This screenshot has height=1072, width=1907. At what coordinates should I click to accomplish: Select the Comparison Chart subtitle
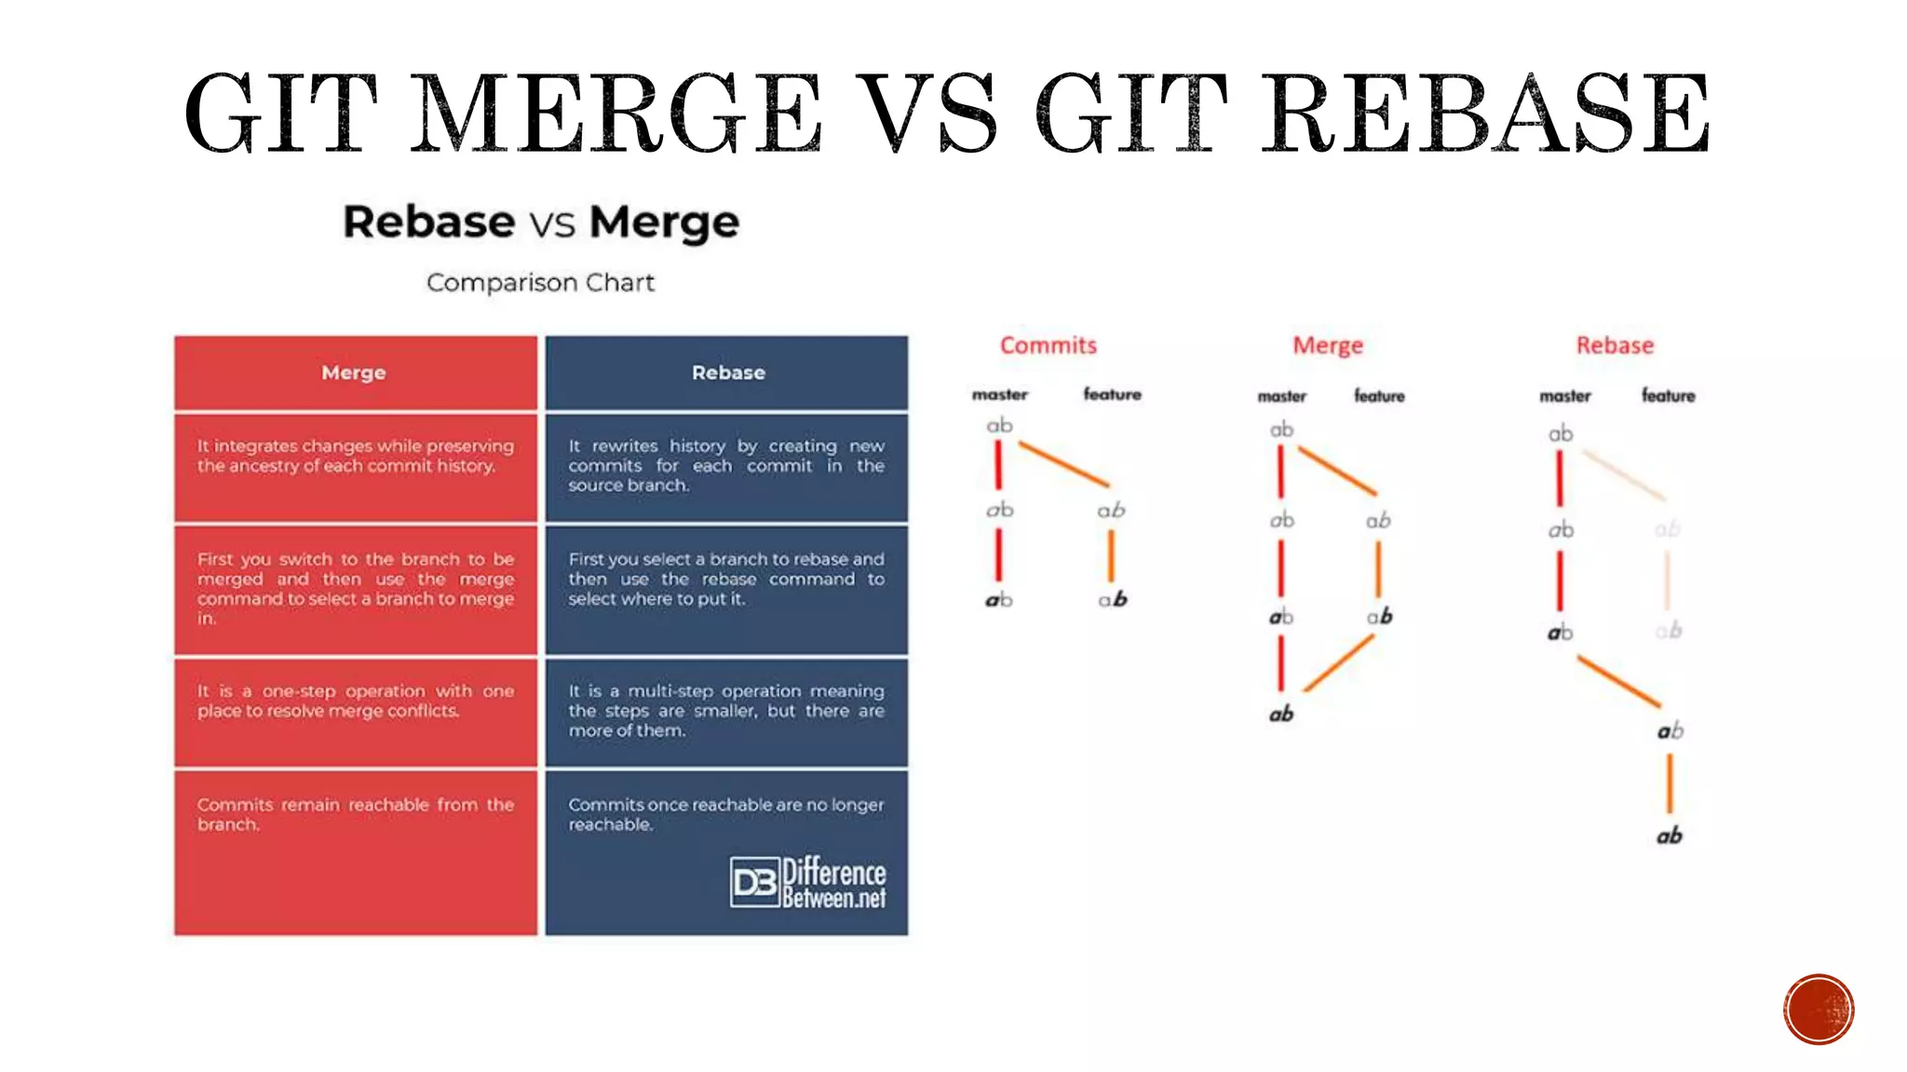pos(540,282)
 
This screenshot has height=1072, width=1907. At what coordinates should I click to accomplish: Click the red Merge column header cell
pos(355,373)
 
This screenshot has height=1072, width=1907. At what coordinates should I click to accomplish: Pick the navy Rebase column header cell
pos(727,373)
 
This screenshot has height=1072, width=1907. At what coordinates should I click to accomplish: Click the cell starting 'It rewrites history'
pos(726,466)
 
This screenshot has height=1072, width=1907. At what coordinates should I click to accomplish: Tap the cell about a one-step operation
pos(355,712)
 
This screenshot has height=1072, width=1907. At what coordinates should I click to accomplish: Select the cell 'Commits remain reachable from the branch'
pos(355,851)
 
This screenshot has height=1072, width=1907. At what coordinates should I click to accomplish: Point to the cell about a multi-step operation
pos(726,712)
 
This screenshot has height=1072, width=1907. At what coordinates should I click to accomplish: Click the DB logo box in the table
pos(754,882)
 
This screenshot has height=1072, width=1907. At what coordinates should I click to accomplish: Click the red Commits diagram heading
pos(1048,345)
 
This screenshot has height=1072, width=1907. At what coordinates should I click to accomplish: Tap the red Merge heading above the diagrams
pos(1328,345)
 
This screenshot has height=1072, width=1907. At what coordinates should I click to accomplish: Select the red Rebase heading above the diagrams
pos(1615,345)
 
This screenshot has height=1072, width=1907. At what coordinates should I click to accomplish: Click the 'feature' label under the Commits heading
pos(1112,395)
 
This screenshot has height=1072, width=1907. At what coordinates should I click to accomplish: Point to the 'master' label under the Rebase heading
pos(1565,396)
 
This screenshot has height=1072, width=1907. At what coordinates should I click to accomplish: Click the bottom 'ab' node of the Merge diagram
pos(1281,715)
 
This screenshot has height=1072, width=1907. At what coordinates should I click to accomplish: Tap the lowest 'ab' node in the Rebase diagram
pos(1670,836)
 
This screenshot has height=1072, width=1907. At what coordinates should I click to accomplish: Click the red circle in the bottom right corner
pos(1819,1010)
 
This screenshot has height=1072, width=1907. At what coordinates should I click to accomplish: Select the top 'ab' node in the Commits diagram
pos(999,425)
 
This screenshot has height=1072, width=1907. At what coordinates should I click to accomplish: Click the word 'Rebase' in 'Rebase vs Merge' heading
pos(428,222)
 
